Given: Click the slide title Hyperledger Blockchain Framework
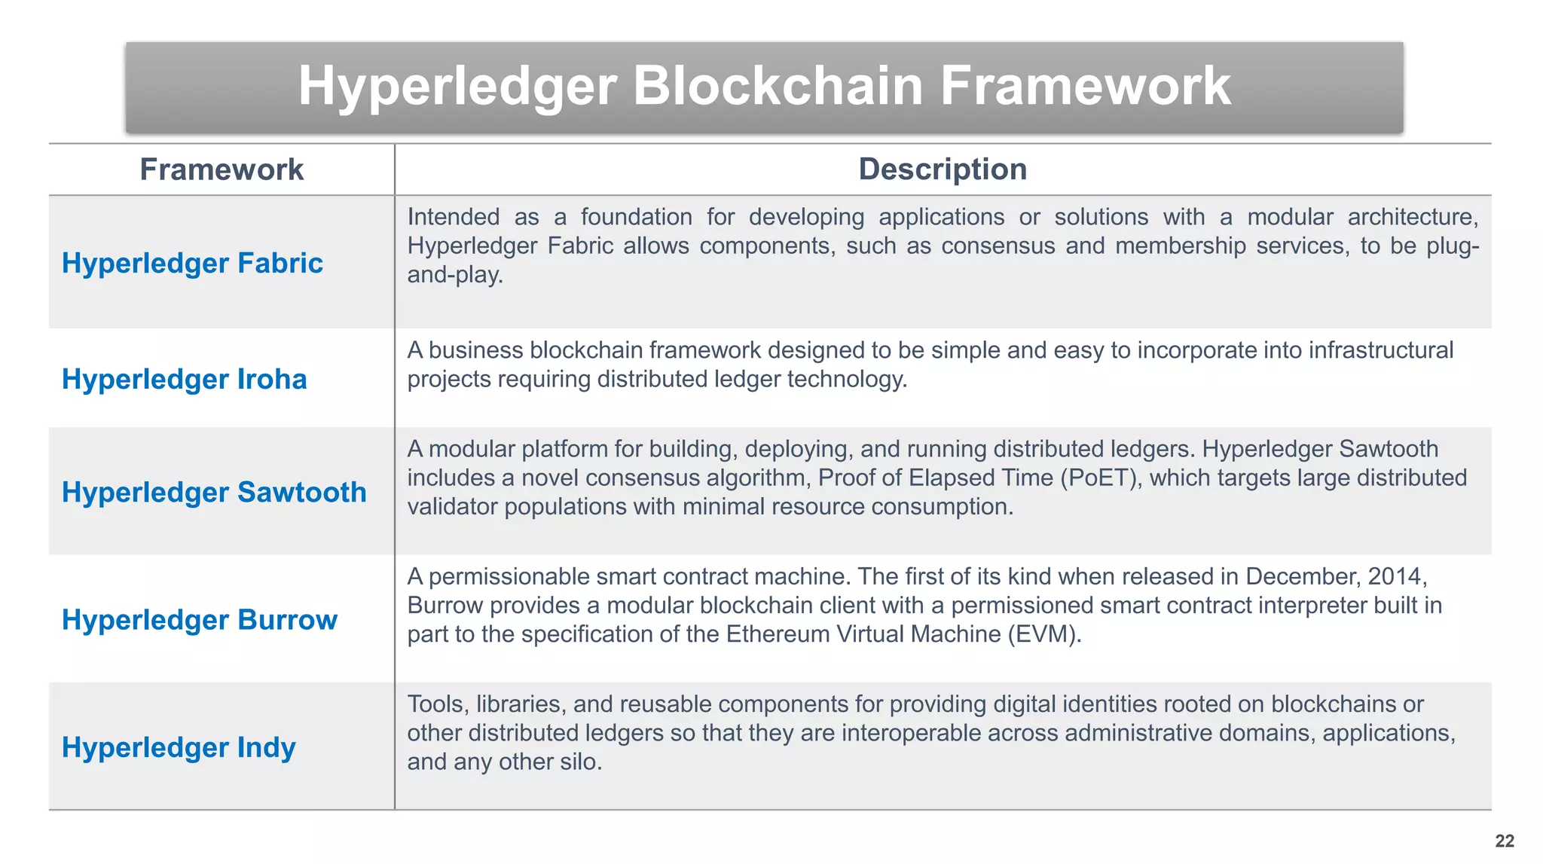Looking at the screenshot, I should tap(764, 86).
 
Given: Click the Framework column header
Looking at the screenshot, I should tap(222, 169).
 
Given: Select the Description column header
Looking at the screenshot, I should tap(943, 169).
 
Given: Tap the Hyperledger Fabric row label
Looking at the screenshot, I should tap(192, 263).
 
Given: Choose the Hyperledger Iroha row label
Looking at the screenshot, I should tap(185, 379).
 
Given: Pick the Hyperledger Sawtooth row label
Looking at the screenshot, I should tap(214, 492).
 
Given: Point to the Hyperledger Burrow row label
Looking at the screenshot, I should tap(200, 619).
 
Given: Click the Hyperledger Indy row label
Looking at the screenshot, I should tap(179, 747).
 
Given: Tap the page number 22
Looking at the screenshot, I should tap(1505, 841).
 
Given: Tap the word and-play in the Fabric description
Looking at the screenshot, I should tap(455, 275).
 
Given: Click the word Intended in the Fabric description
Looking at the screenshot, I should tap(453, 217).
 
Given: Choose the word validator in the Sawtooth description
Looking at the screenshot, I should tap(452, 507).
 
